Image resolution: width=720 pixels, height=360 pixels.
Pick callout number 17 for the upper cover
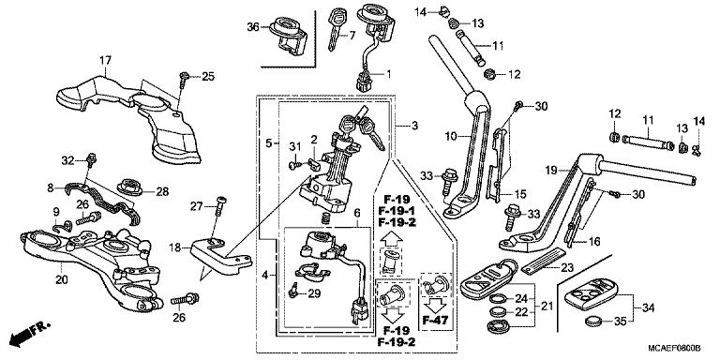(x=103, y=60)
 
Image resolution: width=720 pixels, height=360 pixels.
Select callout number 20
(x=62, y=279)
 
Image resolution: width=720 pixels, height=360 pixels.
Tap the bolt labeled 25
(x=186, y=78)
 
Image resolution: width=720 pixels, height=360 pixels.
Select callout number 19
(x=551, y=171)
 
